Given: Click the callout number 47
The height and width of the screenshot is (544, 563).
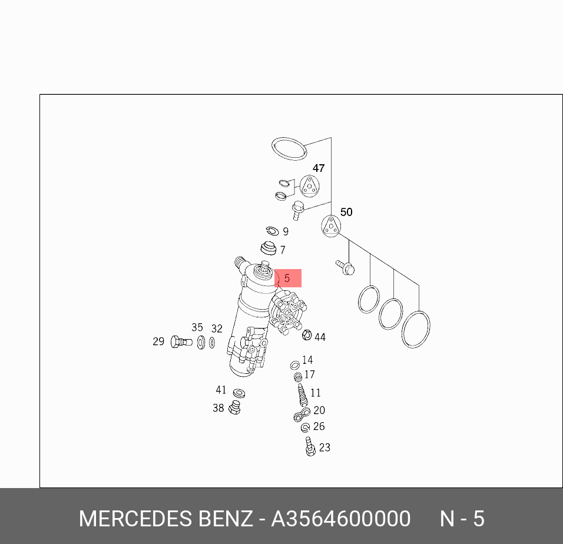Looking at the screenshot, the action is pos(318,168).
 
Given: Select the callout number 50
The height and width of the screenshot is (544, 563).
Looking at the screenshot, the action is pos(346,212).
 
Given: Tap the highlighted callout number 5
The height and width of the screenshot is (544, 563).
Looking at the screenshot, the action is pos(287,278).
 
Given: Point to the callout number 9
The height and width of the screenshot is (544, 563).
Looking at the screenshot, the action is pos(286,232).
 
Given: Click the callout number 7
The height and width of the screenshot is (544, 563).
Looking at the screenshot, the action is pos(283,250).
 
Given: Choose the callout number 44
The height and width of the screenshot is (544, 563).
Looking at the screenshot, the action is pos(320,337).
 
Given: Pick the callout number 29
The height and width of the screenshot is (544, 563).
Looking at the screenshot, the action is pos(158,341).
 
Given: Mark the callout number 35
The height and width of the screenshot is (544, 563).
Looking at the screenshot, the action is pos(197,328).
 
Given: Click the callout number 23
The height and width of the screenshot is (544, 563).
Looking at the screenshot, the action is pos(324,447).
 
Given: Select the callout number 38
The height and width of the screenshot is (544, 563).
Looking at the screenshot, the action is pos(218,408).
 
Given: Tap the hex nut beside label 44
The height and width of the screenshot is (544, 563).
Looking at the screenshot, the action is pos(307,336).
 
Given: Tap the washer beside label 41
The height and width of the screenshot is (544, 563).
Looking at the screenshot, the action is pos(239,393).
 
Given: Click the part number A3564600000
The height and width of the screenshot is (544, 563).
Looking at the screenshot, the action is pos(340,519).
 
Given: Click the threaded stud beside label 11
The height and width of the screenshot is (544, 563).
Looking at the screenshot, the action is pos(303,394).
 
